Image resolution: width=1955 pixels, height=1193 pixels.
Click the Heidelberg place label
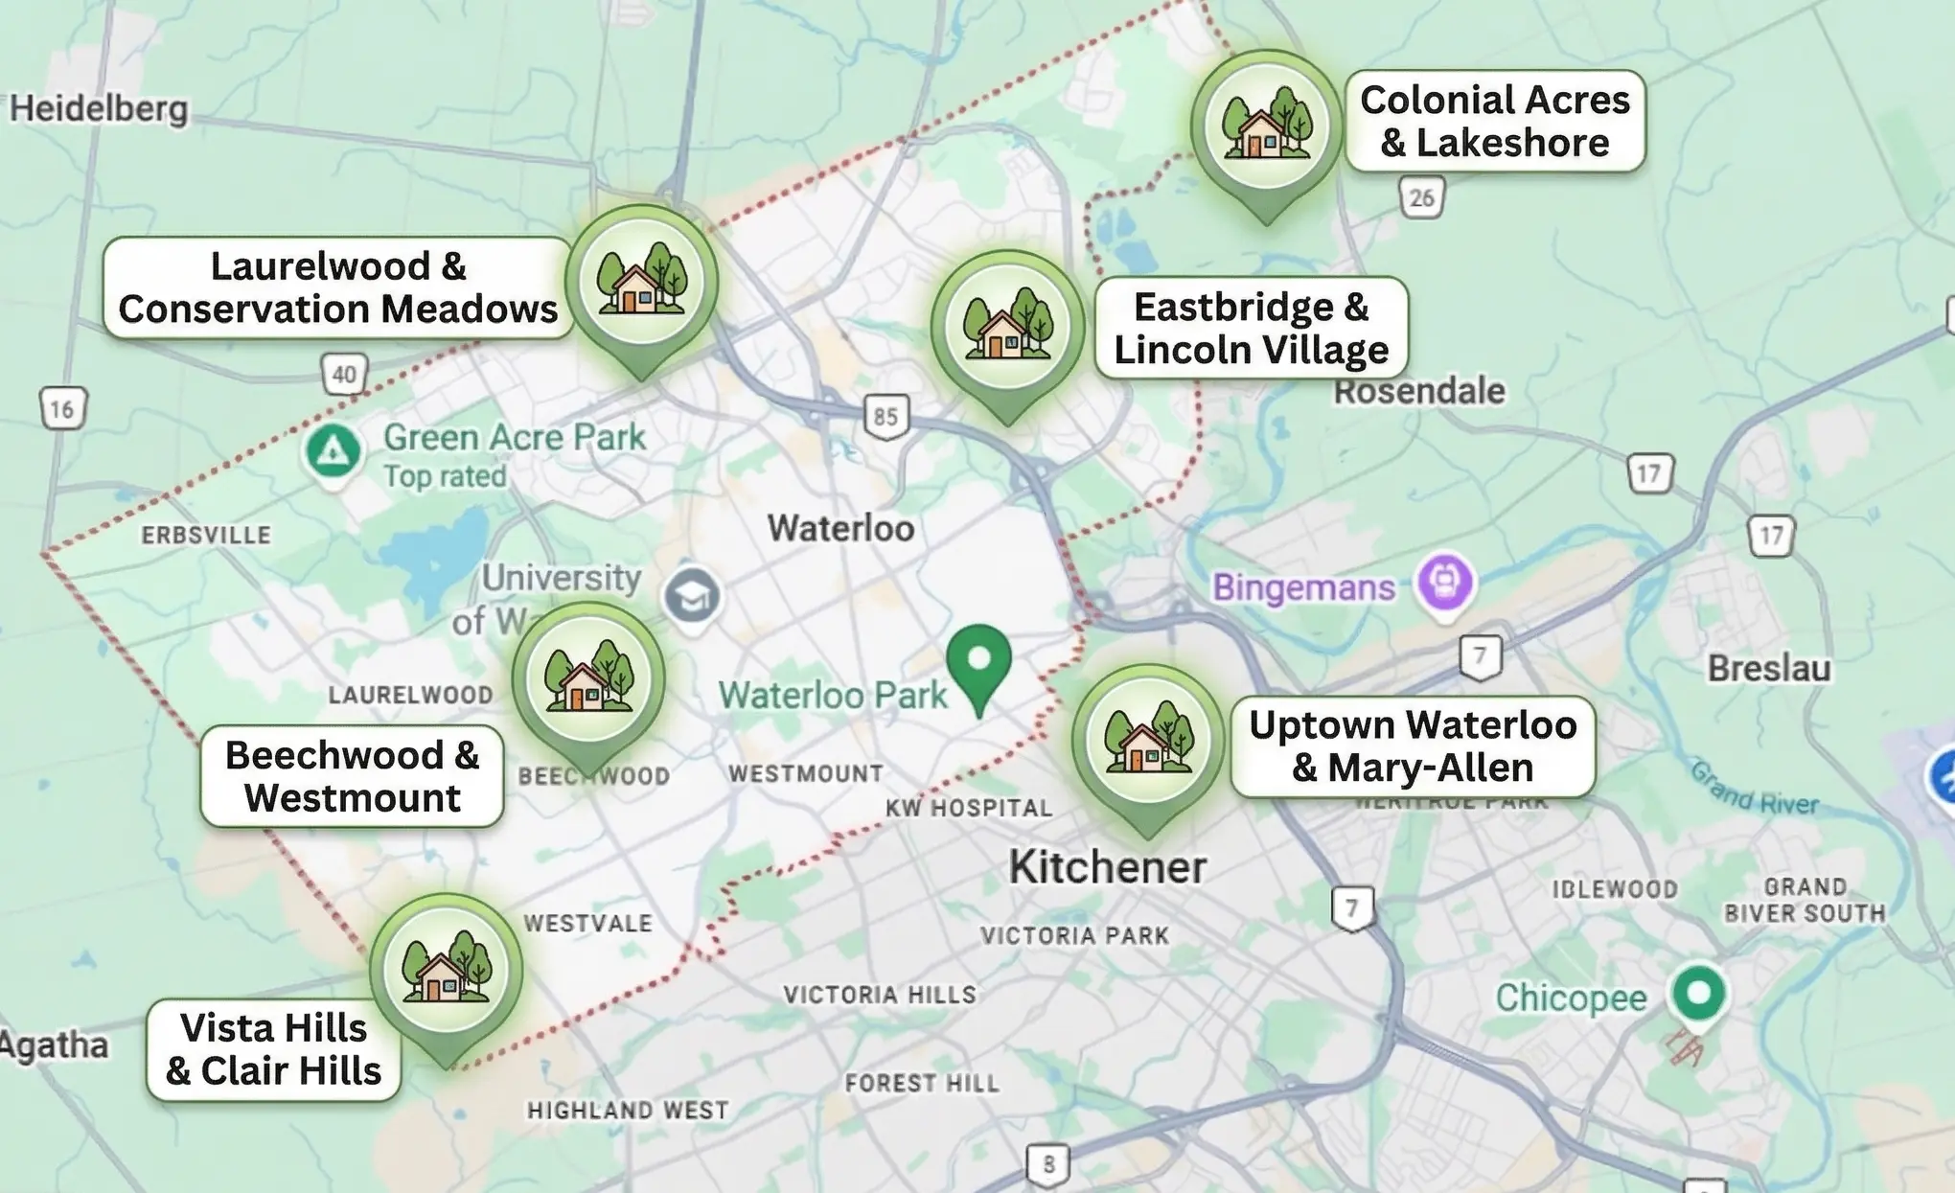99,108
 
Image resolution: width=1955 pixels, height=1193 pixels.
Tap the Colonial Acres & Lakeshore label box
1494,121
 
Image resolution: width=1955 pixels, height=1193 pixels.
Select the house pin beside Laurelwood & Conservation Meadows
641,282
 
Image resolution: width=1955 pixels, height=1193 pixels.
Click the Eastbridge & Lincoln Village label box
1251,328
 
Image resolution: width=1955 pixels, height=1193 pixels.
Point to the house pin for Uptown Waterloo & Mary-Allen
1148,741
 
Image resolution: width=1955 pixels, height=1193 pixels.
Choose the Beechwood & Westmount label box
352,776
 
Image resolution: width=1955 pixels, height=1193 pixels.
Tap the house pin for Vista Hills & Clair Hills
446,971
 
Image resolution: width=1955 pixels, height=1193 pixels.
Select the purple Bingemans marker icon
1445,582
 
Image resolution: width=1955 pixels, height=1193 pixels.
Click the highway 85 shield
886,416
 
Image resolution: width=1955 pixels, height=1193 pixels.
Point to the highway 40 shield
344,374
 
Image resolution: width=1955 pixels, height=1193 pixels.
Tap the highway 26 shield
1421,197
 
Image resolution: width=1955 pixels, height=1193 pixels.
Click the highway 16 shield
63,409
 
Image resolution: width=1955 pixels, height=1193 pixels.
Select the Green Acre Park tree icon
333,450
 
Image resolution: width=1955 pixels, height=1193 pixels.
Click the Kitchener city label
1107,867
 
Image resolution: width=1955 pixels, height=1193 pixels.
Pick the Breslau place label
1768,668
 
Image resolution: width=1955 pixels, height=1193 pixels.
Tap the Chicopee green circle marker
1698,993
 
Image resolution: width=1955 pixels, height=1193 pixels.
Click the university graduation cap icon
692,595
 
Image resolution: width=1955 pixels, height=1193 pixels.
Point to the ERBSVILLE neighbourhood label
206,535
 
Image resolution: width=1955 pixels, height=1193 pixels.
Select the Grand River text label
1753,789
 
